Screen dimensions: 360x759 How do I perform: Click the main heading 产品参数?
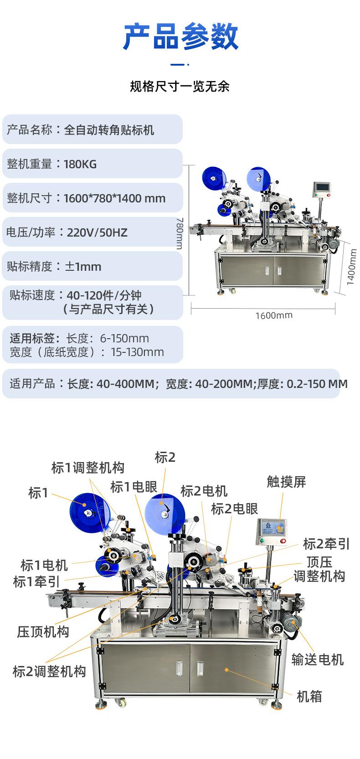[x=180, y=36]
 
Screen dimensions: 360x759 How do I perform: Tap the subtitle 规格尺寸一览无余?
[x=180, y=87]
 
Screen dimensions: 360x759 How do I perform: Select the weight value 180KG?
[x=80, y=165]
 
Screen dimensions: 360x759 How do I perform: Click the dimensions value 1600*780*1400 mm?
[x=114, y=198]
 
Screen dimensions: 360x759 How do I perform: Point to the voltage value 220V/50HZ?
[x=97, y=232]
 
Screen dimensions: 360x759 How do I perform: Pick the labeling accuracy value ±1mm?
[x=83, y=267]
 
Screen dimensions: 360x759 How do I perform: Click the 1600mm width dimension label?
[x=274, y=315]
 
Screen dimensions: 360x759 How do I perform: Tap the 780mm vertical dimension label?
[x=180, y=233]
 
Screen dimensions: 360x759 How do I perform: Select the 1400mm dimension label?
[x=352, y=267]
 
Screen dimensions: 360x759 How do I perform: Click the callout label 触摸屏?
[x=287, y=481]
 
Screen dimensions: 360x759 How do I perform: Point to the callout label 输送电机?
[x=318, y=659]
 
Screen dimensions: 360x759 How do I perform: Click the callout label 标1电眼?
[x=134, y=487]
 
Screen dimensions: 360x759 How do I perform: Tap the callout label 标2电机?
[x=204, y=491]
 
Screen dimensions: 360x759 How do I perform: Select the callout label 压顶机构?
[x=43, y=632]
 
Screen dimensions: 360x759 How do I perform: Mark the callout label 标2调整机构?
[x=50, y=671]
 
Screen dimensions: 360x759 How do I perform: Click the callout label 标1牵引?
[x=36, y=582]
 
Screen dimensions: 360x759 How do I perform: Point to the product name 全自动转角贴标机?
[x=109, y=130]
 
